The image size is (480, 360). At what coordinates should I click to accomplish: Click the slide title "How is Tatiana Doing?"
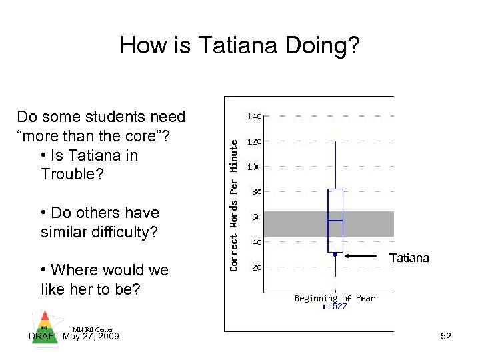[x=239, y=45]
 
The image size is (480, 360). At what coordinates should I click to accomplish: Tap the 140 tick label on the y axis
[x=255, y=117]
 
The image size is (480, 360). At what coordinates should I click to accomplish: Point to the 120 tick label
[x=255, y=142]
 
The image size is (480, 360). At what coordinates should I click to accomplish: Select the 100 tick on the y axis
[x=255, y=167]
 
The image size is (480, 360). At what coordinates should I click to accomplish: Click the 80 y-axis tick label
[x=256, y=192]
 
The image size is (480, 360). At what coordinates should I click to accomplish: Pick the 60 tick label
[x=256, y=217]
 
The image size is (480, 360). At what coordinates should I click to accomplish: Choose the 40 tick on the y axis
[x=256, y=243]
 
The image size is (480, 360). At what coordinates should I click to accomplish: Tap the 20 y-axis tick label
[x=256, y=267]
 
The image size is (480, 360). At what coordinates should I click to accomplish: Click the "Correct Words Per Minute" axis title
[x=234, y=205]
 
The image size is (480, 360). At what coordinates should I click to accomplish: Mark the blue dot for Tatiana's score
[x=335, y=254]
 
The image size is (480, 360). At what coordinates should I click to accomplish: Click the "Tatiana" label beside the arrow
[x=409, y=258]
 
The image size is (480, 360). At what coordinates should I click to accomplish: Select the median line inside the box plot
[x=335, y=220]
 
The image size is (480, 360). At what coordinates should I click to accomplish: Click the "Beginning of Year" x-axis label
[x=335, y=299]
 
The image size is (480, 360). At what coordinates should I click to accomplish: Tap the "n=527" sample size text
[x=335, y=307]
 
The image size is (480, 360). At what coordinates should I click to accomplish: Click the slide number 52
[x=446, y=337]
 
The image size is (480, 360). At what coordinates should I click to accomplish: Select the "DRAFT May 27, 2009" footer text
[x=74, y=337]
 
